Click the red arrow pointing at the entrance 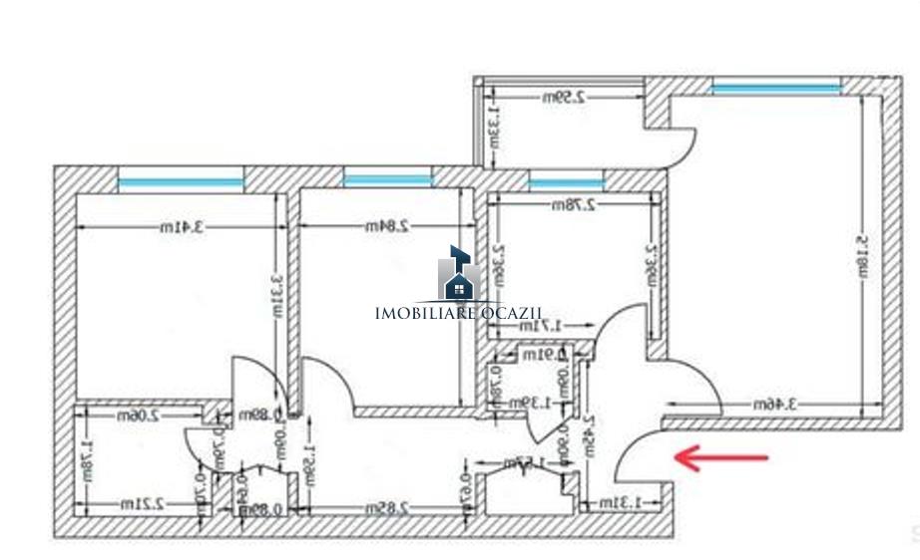(723, 458)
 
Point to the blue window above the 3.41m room (181, 182)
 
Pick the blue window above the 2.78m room (566, 183)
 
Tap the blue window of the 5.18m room (776, 90)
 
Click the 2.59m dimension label (564, 98)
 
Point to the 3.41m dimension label (182, 227)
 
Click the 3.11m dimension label (279, 296)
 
